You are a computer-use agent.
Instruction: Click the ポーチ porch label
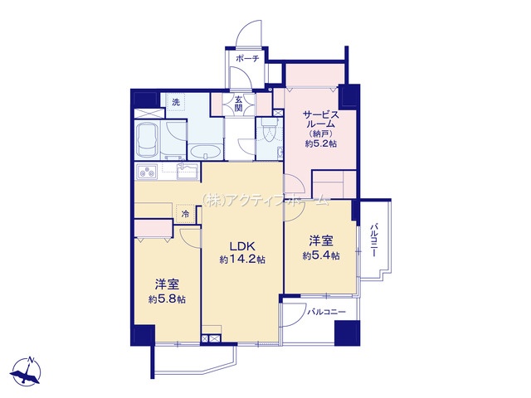(247, 59)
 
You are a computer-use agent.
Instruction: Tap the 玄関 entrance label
(239, 104)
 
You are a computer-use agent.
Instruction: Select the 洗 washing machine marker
(176, 102)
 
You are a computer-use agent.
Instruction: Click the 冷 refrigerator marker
(185, 214)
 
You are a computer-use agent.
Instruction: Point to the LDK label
(240, 246)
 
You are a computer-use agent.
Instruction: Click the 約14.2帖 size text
(242, 260)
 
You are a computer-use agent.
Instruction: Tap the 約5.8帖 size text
(167, 299)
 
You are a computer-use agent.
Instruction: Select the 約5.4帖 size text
(321, 255)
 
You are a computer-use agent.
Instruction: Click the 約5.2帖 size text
(321, 143)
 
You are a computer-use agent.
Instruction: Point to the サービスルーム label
(321, 119)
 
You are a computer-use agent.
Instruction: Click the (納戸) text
(321, 133)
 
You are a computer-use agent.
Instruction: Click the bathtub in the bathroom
(146, 139)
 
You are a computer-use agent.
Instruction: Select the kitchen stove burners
(147, 172)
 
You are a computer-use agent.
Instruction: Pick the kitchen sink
(188, 172)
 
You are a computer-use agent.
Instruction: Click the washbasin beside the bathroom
(205, 152)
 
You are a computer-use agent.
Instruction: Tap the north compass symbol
(26, 371)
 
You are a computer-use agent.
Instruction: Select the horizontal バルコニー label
(326, 312)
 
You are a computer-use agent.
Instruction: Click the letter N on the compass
(31, 360)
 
